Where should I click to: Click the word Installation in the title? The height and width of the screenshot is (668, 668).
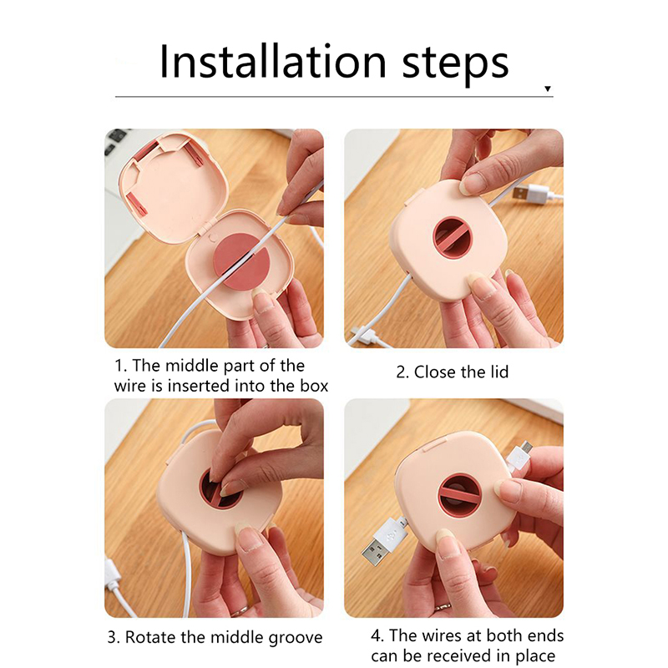pyautogui.click(x=273, y=62)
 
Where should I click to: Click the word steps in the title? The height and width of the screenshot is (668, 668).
pyautogui.click(x=455, y=66)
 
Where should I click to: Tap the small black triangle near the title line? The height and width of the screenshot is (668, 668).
pyautogui.click(x=548, y=89)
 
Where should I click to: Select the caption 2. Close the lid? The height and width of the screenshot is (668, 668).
pyautogui.click(x=452, y=372)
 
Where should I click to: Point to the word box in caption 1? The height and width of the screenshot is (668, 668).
pyautogui.click(x=315, y=386)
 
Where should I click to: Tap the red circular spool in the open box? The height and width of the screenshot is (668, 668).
pyautogui.click(x=241, y=262)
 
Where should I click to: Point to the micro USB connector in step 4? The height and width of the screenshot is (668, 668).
pyautogui.click(x=519, y=458)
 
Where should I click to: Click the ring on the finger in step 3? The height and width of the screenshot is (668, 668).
pyautogui.click(x=240, y=613)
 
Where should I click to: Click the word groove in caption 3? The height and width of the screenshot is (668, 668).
pyautogui.click(x=296, y=638)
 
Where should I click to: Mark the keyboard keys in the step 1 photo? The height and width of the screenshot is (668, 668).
pyautogui.click(x=115, y=141)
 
